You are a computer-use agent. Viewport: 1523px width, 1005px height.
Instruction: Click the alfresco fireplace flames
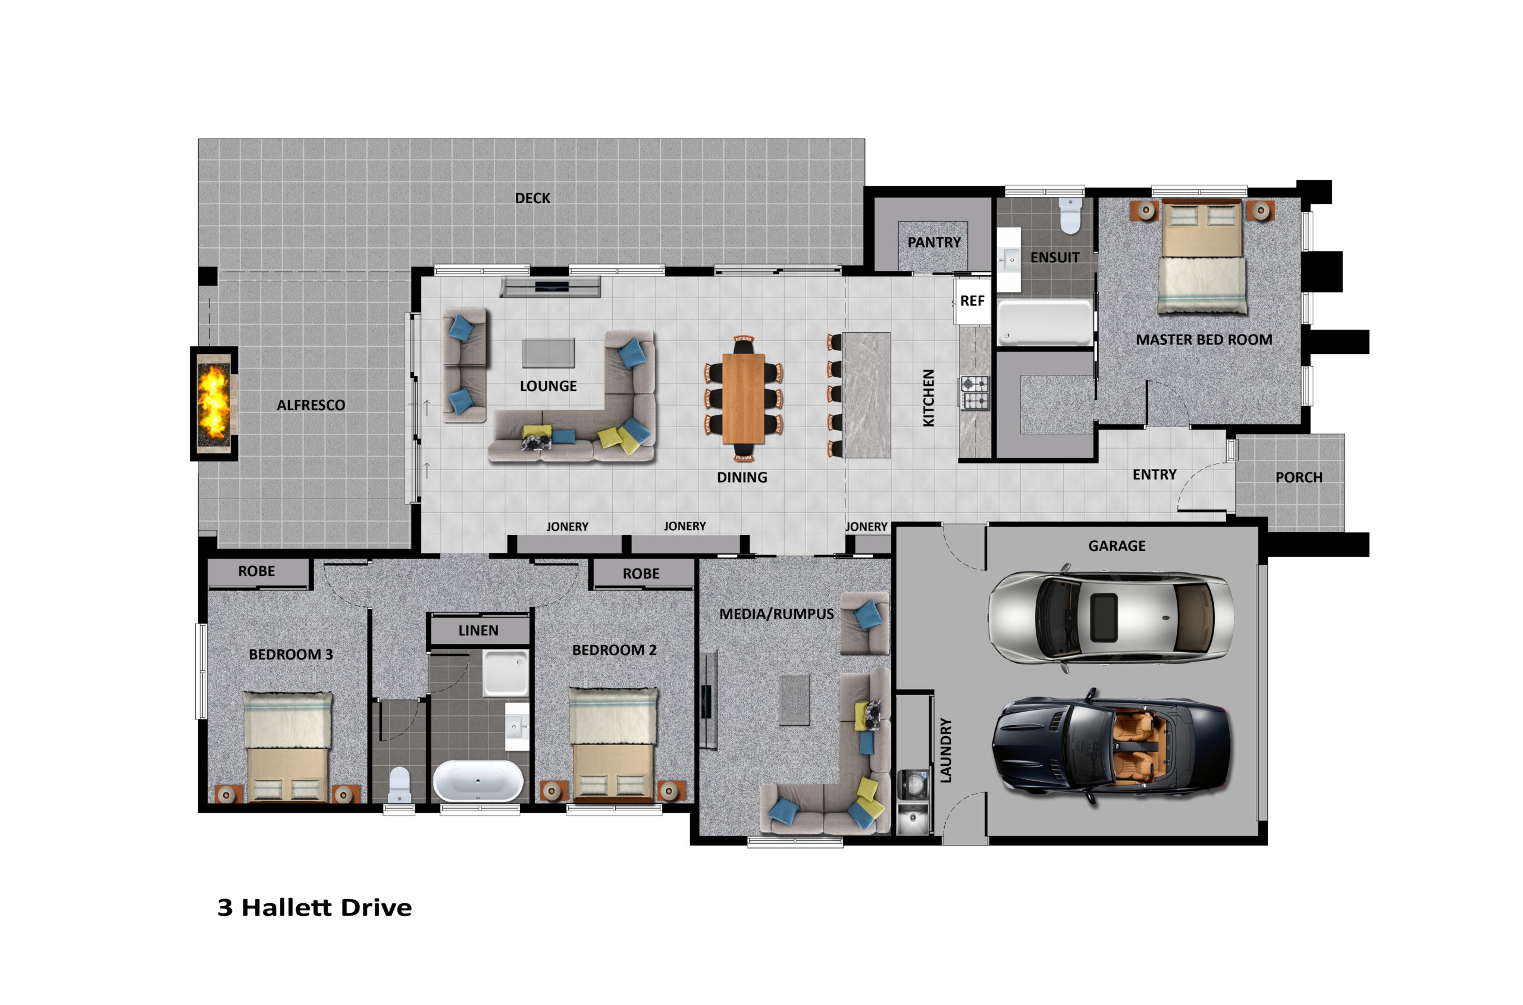pos(214,402)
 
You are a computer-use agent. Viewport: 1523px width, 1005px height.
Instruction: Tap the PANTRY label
pos(934,242)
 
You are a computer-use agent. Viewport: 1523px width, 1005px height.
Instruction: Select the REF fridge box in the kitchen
pos(972,300)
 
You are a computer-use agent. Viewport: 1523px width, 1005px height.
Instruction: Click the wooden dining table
pos(743,398)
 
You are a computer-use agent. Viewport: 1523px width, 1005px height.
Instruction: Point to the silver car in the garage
pos(1110,618)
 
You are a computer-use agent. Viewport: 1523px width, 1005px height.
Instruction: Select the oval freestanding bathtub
pos(478,781)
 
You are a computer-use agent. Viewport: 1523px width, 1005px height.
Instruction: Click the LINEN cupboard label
pos(478,630)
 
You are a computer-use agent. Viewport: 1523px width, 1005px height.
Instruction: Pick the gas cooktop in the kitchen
pos(974,393)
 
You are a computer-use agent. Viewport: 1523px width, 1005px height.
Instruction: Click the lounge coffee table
pos(549,353)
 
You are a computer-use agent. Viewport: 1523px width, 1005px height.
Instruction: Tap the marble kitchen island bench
pos(866,395)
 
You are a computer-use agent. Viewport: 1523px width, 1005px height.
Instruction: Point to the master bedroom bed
pos(1202,256)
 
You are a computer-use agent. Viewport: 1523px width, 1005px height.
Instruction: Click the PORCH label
pos(1299,477)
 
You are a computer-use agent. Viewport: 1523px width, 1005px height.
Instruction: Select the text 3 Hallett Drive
pos(315,907)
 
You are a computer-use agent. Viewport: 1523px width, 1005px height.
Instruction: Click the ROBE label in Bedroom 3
pos(256,571)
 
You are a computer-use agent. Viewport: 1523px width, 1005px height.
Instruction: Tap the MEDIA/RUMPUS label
pos(776,614)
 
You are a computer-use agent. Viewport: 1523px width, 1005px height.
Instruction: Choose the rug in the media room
pos(794,700)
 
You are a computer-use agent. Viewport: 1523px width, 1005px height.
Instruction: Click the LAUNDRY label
pos(946,750)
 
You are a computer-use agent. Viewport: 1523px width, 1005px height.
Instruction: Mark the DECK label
pos(532,198)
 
